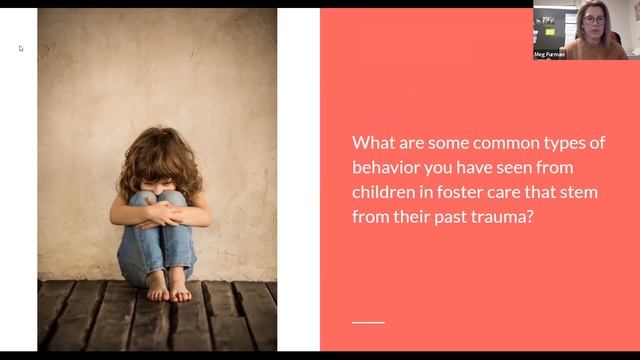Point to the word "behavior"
(x=387, y=167)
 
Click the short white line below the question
(x=369, y=321)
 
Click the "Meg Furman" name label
(x=549, y=54)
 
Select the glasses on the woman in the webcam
(x=593, y=19)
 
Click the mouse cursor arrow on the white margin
(x=21, y=47)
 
